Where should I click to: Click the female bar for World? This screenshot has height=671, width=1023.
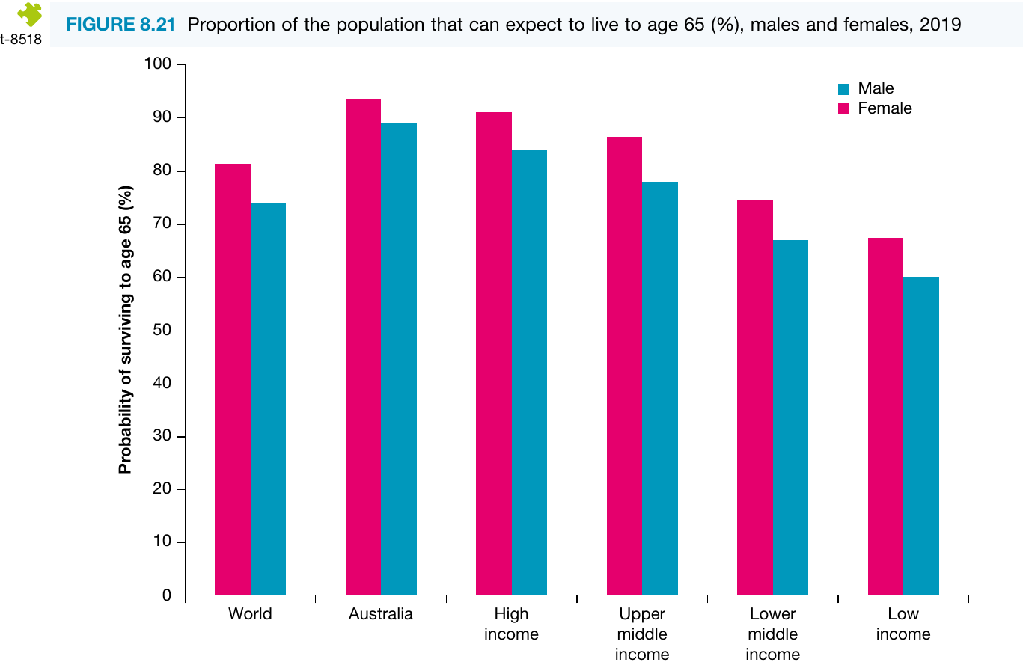coord(233,379)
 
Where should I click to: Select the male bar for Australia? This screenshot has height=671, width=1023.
coord(399,359)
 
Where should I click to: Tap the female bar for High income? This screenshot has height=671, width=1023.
coord(494,353)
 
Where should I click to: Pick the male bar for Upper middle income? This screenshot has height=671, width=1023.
coord(660,388)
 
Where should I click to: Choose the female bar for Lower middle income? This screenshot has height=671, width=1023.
coord(755,397)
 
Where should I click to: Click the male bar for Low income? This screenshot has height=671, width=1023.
coord(921,435)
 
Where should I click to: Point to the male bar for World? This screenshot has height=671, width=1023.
coord(268,399)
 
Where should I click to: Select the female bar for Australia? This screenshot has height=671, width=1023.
coord(363,346)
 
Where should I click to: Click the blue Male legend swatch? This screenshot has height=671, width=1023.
coord(843,89)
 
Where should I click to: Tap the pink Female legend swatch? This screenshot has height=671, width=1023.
coord(843,108)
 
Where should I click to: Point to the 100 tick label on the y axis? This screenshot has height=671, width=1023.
coord(158,64)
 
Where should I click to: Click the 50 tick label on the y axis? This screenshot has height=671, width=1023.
coord(162,330)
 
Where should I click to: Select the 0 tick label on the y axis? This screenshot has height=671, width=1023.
coord(167,595)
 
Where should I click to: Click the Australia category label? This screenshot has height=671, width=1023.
coord(380,614)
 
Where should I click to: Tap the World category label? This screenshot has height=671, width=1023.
coord(250,614)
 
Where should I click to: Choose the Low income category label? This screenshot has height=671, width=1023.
coord(903,624)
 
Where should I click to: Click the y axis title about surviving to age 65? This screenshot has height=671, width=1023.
coord(125,329)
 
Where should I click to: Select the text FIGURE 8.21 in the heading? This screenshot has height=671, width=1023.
coord(120,25)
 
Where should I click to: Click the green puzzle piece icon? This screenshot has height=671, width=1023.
coord(30,14)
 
